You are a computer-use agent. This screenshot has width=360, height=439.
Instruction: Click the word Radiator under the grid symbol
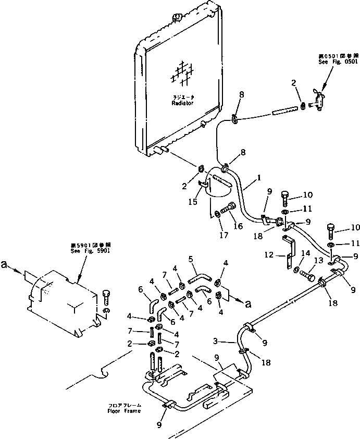182,103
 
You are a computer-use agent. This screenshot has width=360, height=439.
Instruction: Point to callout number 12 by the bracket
269,255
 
